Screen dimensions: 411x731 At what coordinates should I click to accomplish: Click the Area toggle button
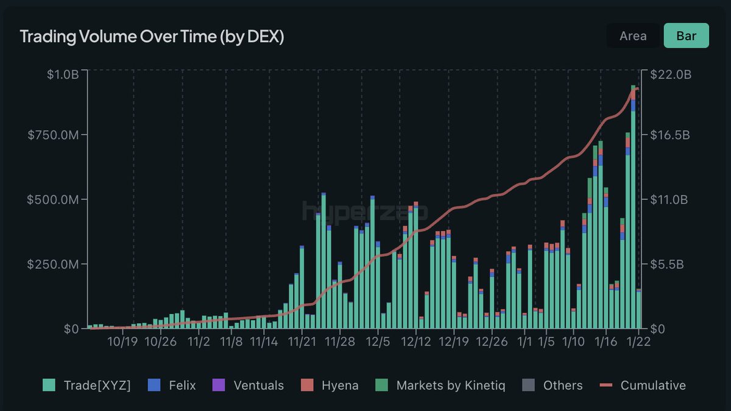click(x=633, y=36)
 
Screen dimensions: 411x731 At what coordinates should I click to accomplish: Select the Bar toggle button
click(x=686, y=36)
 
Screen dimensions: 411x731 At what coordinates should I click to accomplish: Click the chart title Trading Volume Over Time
click(x=152, y=37)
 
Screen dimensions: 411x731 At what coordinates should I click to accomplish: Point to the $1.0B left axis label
click(x=62, y=75)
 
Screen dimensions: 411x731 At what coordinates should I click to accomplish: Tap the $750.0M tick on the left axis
click(x=54, y=135)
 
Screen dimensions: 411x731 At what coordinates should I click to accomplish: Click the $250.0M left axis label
click(x=54, y=265)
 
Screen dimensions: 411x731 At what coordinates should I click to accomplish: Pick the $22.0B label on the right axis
click(x=670, y=75)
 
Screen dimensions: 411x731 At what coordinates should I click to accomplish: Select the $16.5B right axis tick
click(x=670, y=135)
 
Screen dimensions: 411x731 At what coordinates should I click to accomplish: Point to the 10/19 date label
click(x=122, y=341)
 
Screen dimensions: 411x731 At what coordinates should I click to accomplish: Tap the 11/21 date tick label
click(x=302, y=341)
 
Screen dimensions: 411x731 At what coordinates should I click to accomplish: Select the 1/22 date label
click(x=638, y=341)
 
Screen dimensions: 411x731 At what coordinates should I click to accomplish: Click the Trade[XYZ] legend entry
click(x=87, y=385)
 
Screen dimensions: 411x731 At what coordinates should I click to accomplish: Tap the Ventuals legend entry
click(x=248, y=385)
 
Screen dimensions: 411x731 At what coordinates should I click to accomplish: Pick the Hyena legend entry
click(x=330, y=385)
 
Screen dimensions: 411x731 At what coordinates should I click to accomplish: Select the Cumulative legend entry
click(x=643, y=385)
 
